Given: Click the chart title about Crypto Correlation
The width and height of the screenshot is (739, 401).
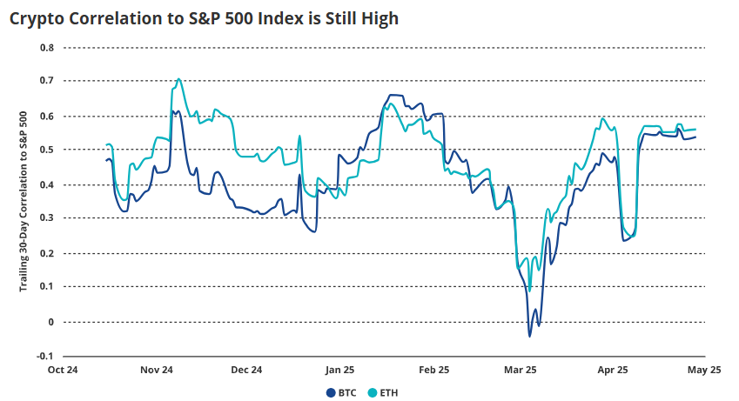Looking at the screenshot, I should pyautogui.click(x=204, y=17).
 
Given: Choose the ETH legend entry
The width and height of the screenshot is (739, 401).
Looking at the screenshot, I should pyautogui.click(x=387, y=392).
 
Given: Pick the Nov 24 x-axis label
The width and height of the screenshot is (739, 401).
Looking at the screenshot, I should pyautogui.click(x=156, y=370).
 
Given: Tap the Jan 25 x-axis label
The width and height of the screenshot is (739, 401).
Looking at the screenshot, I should pyautogui.click(x=339, y=370).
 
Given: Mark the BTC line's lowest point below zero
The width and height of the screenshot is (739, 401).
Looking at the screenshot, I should pyautogui.click(x=529, y=336).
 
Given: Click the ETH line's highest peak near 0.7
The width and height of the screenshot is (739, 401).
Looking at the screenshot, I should pyautogui.click(x=179, y=79).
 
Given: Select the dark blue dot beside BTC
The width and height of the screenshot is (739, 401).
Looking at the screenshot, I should pyautogui.click(x=331, y=392).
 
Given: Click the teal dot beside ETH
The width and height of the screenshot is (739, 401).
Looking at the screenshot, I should pyautogui.click(x=372, y=392).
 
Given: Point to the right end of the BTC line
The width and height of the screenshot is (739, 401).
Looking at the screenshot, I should pyautogui.click(x=696, y=137).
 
